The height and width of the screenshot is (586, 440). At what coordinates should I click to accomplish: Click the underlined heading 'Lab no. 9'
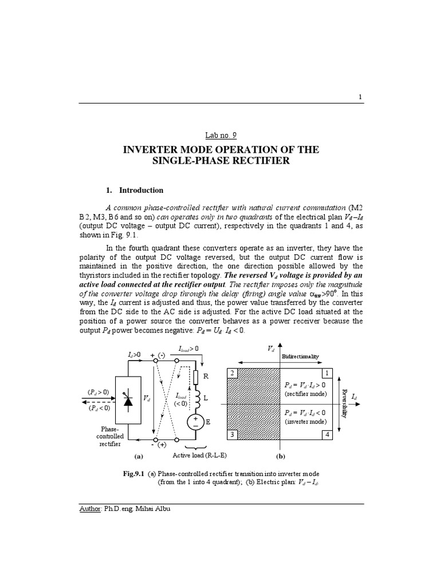point(220,135)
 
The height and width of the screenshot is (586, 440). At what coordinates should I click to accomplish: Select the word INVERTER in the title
point(150,149)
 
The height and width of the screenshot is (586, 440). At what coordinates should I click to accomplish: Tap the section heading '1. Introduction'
point(135,190)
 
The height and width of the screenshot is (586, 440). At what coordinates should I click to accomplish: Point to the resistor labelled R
point(195,378)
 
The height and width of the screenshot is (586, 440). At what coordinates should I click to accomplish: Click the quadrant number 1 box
point(328,373)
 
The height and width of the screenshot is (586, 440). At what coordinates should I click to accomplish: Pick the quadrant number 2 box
point(233,373)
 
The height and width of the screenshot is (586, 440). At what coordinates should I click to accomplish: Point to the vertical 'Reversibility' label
point(344,404)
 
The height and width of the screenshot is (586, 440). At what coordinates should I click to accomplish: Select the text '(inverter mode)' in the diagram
point(307,421)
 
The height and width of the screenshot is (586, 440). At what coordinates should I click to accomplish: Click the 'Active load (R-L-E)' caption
point(200,456)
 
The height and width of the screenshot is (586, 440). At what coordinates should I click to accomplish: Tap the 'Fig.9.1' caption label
point(133,474)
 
